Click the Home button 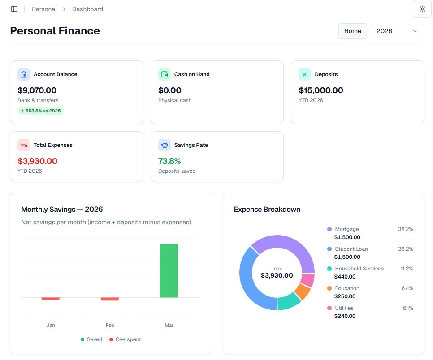(352, 31)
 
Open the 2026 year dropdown (397, 31)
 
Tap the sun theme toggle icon (422, 9)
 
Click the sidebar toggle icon (14, 9)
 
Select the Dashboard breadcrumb (87, 9)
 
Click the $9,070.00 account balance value (37, 90)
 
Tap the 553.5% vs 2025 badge (40, 111)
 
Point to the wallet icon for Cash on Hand (165, 74)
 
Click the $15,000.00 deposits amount (321, 90)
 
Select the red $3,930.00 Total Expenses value (38, 161)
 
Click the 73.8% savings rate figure (169, 161)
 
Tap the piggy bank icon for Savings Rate (165, 145)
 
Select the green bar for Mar (169, 270)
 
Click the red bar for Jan (51, 299)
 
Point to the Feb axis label (110, 325)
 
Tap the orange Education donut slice (303, 292)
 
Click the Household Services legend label (359, 269)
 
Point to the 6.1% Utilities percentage (408, 308)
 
